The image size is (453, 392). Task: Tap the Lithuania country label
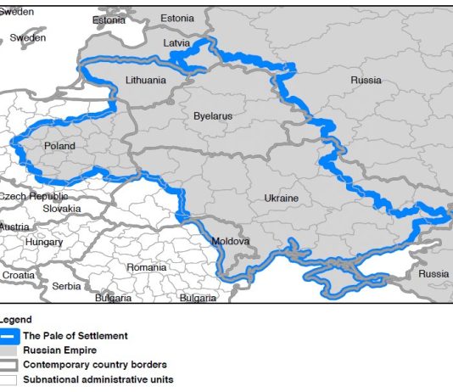(146, 81)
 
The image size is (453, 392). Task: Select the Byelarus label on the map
(212, 115)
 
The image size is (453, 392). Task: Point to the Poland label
(59, 146)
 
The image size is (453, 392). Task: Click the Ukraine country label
(281, 198)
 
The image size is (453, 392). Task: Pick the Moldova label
(231, 241)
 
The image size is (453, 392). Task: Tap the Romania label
(146, 267)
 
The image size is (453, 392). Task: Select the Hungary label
(44, 242)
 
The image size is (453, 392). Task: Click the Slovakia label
(62, 209)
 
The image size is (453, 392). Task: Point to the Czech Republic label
(33, 196)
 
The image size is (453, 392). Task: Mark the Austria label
(14, 227)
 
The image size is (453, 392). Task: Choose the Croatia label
(19, 275)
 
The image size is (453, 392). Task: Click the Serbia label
(66, 286)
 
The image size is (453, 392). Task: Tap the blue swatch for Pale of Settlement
(9, 336)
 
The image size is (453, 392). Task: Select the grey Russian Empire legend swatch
(9, 350)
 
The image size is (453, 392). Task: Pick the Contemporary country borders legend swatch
(9, 365)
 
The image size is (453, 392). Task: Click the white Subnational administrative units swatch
(9, 379)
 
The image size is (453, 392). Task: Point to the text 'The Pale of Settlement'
(75, 336)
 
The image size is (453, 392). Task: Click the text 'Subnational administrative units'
(98, 379)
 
